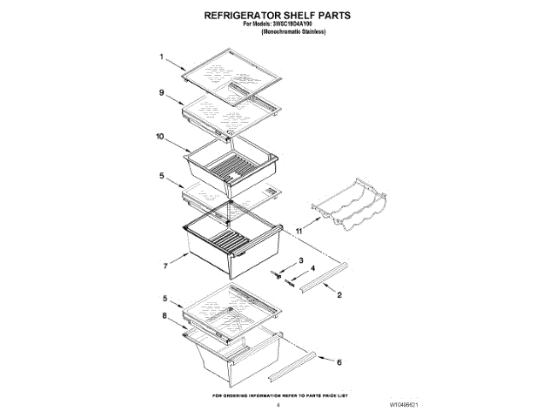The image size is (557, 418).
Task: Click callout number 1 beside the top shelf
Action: [162, 57]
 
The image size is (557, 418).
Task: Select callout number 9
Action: [162, 91]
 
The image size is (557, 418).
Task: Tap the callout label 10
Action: [159, 137]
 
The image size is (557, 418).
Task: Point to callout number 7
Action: [162, 262]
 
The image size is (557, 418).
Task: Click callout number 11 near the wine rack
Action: [298, 231]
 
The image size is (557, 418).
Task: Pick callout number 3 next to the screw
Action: [299, 261]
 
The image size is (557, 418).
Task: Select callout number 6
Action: [339, 362]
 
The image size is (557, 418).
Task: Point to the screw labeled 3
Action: [277, 273]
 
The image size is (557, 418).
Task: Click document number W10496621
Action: [402, 404]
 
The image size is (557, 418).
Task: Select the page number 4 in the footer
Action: [278, 404]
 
